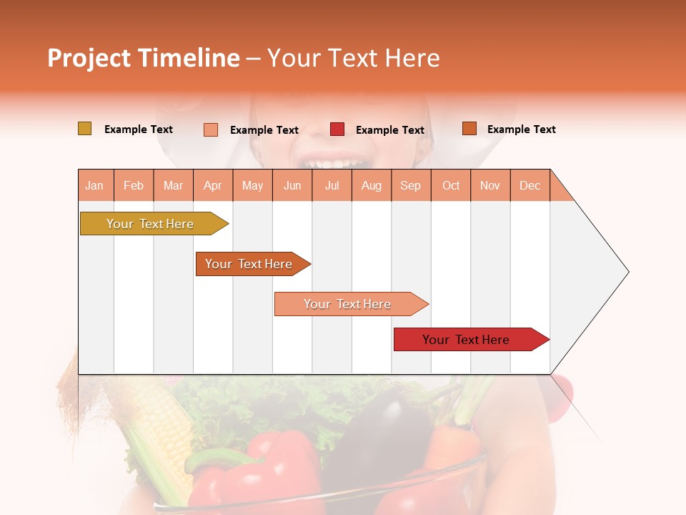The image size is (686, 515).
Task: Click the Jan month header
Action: coord(95,185)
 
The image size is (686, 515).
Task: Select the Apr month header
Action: coord(213,185)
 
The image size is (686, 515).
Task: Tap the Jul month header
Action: coord(332,185)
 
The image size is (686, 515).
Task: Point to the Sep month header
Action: coord(410,185)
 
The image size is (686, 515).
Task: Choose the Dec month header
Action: coord(530,185)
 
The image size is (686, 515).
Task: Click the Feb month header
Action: coord(134,185)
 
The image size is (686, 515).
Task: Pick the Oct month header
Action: coord(451,185)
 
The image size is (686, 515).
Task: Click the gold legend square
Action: coord(84,129)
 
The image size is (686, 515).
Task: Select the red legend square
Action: coord(337,129)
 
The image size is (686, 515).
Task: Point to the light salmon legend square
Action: coord(211,129)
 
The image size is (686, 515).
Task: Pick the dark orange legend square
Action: coord(469,129)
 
